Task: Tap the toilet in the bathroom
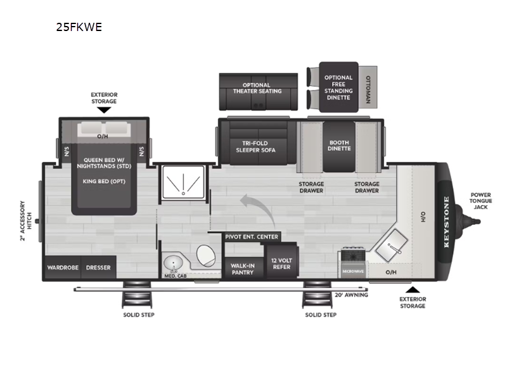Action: (206, 256)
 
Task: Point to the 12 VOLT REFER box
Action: (281, 263)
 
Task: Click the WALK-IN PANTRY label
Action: (243, 269)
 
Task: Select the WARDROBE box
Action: (63, 267)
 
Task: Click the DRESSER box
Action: (98, 267)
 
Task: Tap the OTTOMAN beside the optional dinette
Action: (369, 88)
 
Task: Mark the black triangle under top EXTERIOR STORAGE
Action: (104, 110)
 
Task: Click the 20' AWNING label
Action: (352, 294)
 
